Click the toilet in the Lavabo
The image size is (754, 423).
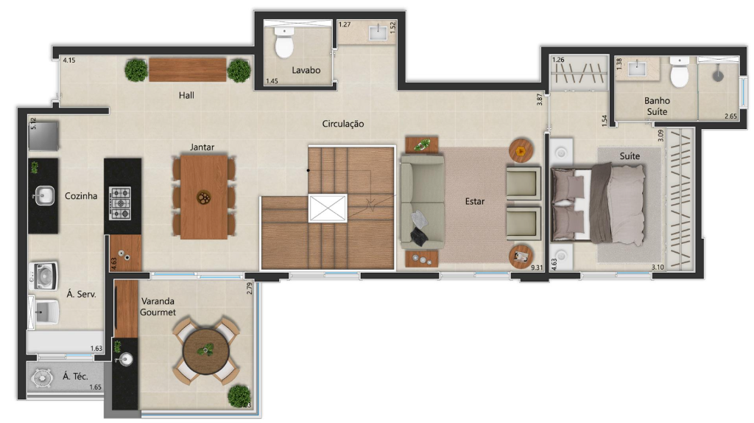[x=283, y=46]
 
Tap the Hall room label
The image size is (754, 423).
[x=186, y=95]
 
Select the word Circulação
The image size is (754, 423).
[x=342, y=124]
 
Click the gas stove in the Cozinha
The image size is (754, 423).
[x=121, y=202]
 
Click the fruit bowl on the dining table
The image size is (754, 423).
[x=203, y=197]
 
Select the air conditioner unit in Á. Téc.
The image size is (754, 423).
[x=43, y=377]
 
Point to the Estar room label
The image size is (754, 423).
[x=475, y=200]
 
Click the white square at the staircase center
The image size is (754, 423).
[x=327, y=208]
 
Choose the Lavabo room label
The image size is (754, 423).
[x=306, y=71]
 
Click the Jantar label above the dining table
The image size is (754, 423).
[x=202, y=147]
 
